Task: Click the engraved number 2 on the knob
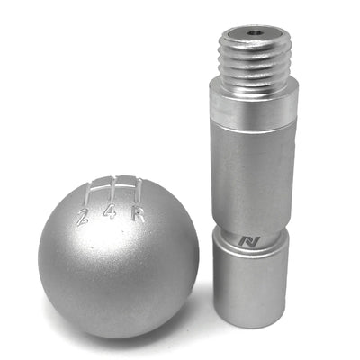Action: pyautogui.click(x=83, y=216)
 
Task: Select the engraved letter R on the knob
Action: pyautogui.click(x=138, y=214)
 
